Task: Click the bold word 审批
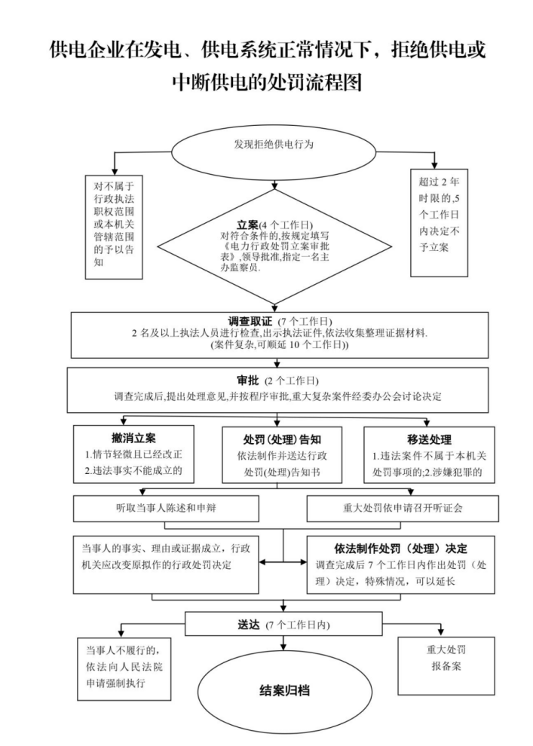[x=248, y=380]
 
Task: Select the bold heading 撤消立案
[x=133, y=439]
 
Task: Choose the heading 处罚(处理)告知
[x=282, y=439]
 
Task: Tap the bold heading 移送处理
[x=428, y=439]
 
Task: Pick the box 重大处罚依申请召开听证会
[x=409, y=509]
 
